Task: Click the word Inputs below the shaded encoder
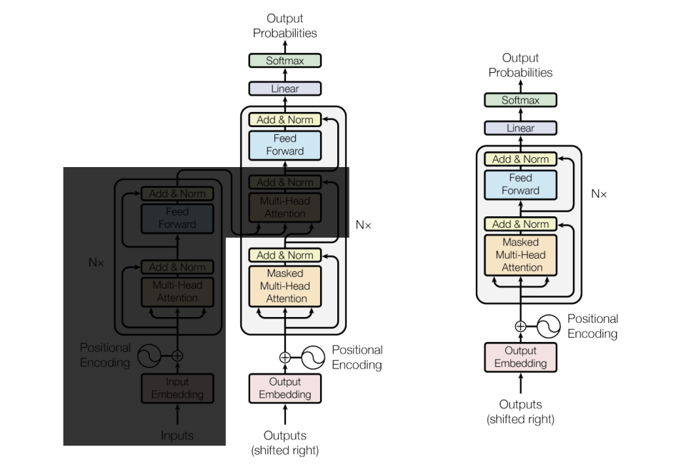(177, 435)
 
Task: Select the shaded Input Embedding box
(177, 388)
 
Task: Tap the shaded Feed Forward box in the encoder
(177, 218)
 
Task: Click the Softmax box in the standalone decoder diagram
(520, 100)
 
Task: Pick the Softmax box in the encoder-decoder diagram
(285, 61)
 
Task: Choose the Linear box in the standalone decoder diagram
(520, 128)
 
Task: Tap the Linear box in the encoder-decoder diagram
(285, 89)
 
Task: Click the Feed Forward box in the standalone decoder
(520, 184)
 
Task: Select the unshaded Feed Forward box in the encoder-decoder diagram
(285, 144)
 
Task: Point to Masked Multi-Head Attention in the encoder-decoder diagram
(285, 286)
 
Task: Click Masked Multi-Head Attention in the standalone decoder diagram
(520, 255)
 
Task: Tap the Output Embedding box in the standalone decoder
(520, 357)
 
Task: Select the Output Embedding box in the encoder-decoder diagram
(285, 388)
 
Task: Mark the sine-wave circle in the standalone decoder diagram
(549, 326)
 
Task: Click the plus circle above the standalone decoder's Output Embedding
(520, 326)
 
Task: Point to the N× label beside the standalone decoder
(599, 194)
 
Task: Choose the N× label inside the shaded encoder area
(96, 262)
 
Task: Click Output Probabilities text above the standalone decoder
(520, 65)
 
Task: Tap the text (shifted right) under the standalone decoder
(520, 419)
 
